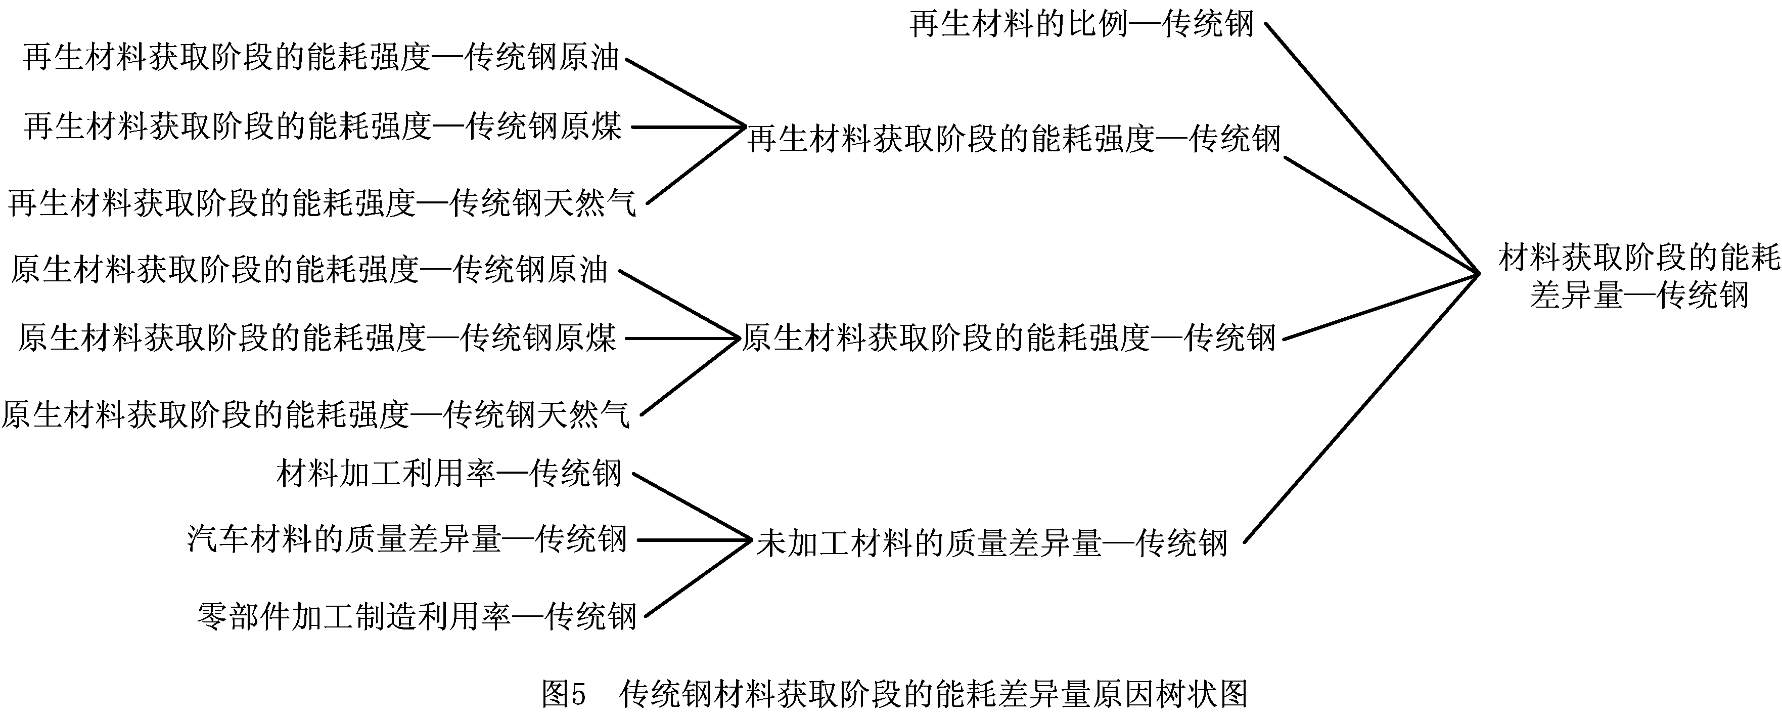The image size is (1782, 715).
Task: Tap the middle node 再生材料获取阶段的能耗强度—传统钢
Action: (x=1014, y=139)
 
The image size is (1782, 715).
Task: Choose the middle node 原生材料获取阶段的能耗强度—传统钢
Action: (x=1009, y=339)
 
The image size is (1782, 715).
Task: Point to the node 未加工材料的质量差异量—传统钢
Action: (x=992, y=543)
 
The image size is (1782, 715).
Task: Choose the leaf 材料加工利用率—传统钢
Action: (x=449, y=474)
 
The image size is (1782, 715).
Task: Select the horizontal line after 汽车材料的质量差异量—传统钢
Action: (x=692, y=540)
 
